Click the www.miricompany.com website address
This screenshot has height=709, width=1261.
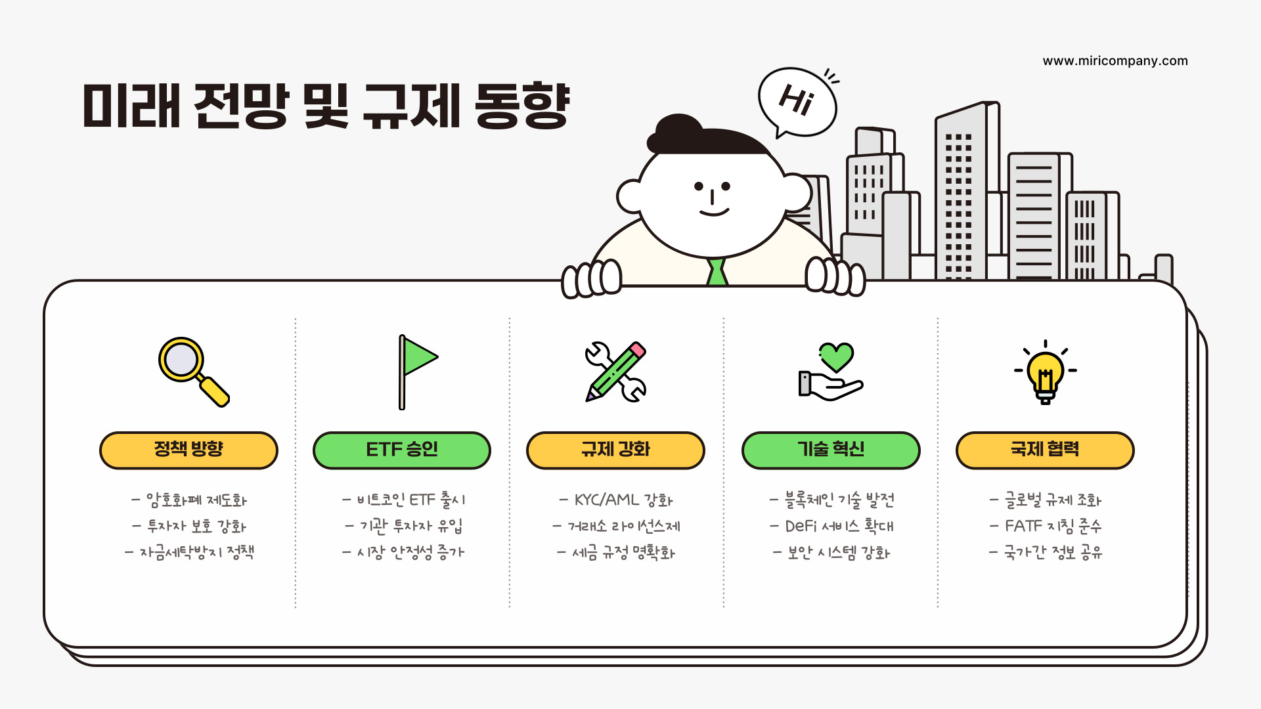coord(1115,61)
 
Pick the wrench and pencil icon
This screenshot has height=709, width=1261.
coord(615,372)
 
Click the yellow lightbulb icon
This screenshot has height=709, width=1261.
coord(1045,373)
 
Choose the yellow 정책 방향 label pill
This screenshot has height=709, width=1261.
coord(188,450)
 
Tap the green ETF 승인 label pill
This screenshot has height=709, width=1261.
coord(402,450)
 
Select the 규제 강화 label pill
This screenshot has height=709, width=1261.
coord(615,450)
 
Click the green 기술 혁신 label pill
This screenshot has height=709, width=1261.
coord(831,450)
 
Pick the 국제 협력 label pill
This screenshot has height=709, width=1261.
coord(1045,450)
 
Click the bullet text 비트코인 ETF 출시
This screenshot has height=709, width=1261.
coord(405,500)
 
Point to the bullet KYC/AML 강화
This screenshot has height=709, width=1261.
coord(617,500)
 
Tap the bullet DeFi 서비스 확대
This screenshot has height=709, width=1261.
coord(832,526)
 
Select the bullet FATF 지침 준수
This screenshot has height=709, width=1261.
coord(1046,526)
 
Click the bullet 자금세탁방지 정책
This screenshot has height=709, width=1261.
coord(190,553)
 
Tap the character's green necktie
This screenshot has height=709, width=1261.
coord(717,272)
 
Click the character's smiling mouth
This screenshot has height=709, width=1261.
coord(714,211)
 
